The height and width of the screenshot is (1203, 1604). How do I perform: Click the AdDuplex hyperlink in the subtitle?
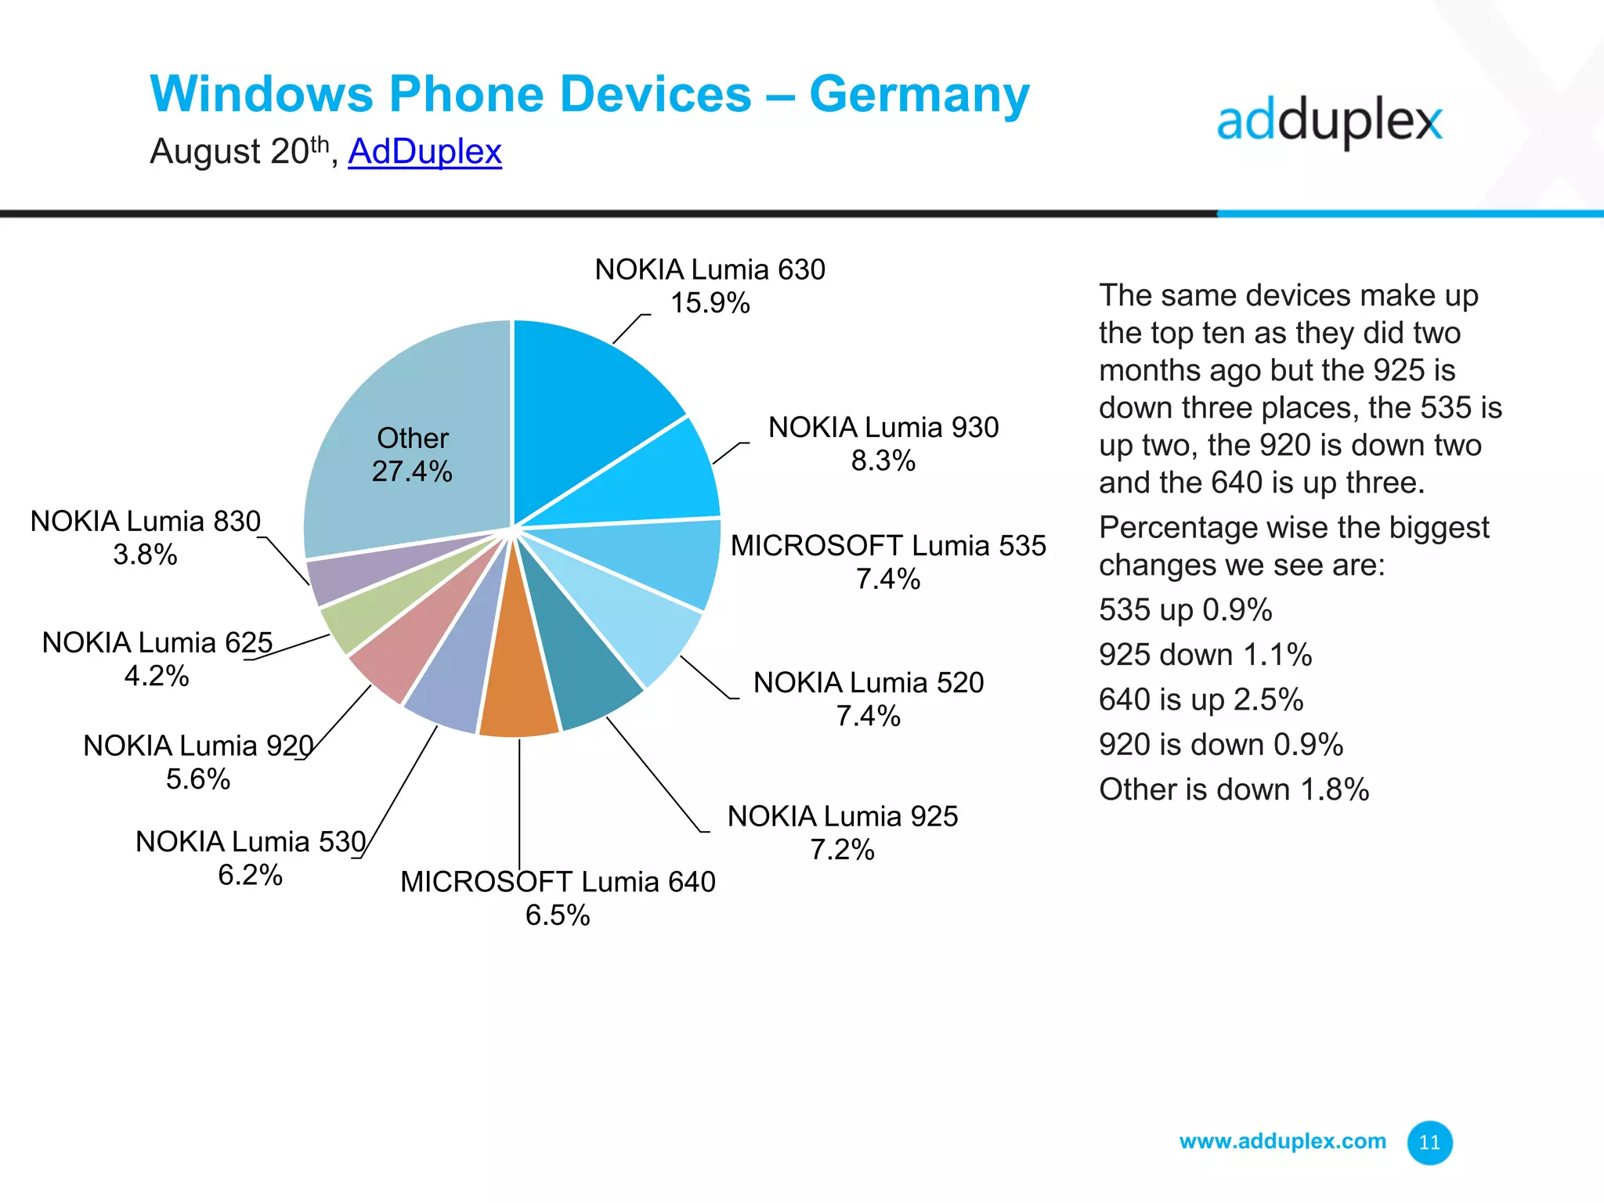424,151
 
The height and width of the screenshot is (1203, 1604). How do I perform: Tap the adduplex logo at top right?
1329,122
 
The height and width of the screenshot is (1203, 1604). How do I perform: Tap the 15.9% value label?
710,303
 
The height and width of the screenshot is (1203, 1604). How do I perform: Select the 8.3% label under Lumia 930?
883,461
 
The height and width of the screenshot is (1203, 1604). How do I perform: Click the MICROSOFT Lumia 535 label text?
888,545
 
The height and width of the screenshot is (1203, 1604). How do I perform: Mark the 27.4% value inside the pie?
412,471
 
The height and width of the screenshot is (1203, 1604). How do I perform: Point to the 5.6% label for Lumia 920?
198,779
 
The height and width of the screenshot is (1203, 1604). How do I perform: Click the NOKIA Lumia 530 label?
251,841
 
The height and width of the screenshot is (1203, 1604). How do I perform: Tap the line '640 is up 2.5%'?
1201,699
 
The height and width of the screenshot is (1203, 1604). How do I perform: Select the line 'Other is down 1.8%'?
1234,789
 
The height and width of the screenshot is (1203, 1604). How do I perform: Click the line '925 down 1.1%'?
1205,655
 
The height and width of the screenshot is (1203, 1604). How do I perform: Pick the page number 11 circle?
1429,1143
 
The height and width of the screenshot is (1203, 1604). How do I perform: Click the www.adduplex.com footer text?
1282,1141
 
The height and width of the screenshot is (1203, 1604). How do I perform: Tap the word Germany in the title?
919,96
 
